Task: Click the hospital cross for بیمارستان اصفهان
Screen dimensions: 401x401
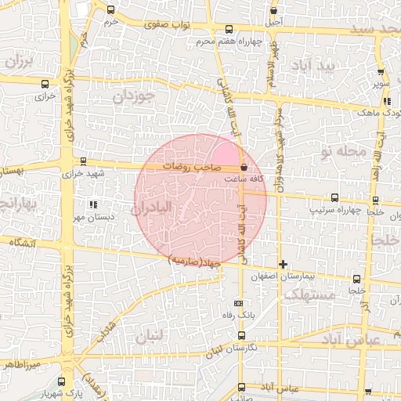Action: pyautogui.click(x=284, y=265)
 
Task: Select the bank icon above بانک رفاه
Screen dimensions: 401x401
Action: pyautogui.click(x=238, y=303)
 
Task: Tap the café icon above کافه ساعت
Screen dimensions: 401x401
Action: pyautogui.click(x=244, y=167)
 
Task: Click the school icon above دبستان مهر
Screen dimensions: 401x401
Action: pyautogui.click(x=94, y=205)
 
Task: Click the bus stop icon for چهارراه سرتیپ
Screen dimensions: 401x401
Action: pyautogui.click(x=334, y=197)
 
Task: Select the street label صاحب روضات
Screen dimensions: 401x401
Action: pyautogui.click(x=192, y=167)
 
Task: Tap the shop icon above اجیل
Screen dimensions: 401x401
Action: pyautogui.click(x=273, y=11)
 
